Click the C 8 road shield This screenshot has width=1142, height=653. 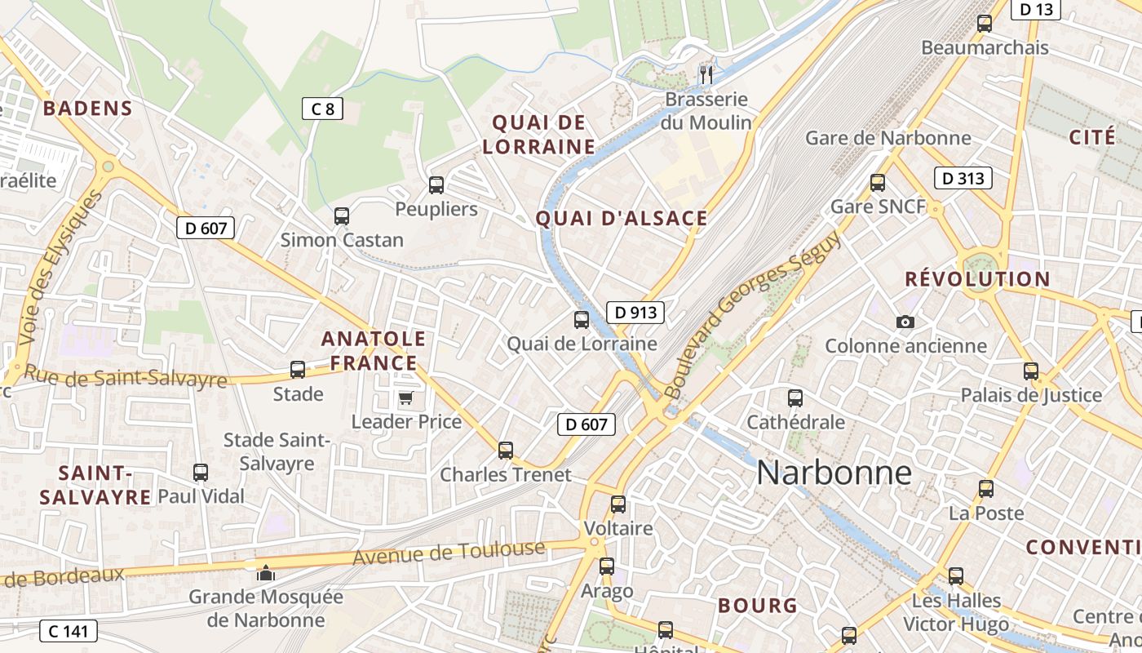322,108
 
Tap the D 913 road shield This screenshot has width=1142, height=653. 635,312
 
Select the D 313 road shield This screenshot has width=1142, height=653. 963,178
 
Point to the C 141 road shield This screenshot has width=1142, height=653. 69,630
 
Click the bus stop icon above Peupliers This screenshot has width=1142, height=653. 436,185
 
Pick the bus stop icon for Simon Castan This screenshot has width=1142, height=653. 342,216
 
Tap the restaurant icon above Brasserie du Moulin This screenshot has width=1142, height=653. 706,75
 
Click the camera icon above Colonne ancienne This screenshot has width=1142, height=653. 905,322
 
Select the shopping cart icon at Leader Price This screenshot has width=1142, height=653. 405,398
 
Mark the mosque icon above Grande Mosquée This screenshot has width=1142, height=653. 265,573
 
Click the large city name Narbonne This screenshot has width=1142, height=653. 834,473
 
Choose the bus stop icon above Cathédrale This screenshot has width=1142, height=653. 795,398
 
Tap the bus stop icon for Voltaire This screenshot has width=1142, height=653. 618,504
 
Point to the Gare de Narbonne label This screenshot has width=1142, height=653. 888,137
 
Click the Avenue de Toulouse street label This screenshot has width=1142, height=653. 449,553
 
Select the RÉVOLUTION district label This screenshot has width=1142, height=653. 977,279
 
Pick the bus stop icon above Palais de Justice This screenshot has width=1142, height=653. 1031,371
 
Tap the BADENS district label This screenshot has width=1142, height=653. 87,109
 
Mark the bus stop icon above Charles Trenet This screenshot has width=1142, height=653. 506,450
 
